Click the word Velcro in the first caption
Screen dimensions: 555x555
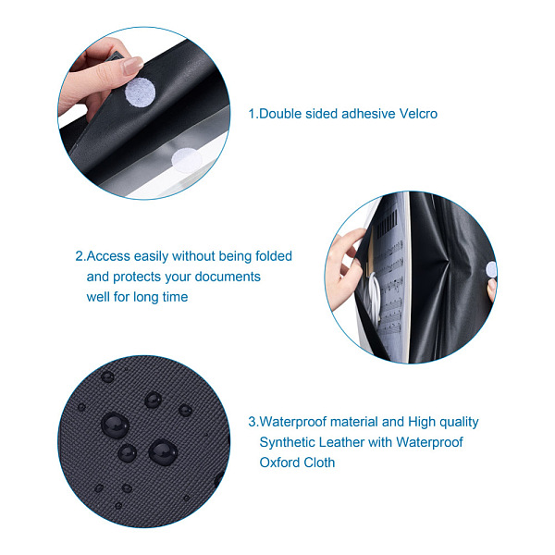[x=418, y=114]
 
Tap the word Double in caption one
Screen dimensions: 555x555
[x=280, y=114]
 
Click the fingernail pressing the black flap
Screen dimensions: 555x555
[x=133, y=66]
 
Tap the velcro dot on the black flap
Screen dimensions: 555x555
[x=141, y=92]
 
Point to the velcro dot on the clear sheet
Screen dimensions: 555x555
[x=187, y=160]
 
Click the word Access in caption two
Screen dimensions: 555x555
[x=108, y=256]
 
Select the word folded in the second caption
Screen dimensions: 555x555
[x=274, y=256]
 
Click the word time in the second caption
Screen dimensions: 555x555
[x=175, y=297]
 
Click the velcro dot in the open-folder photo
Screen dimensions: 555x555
[x=491, y=270]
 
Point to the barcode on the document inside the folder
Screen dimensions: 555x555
[x=388, y=223]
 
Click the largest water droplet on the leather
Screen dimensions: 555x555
[x=115, y=425]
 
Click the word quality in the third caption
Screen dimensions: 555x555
[x=459, y=423]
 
